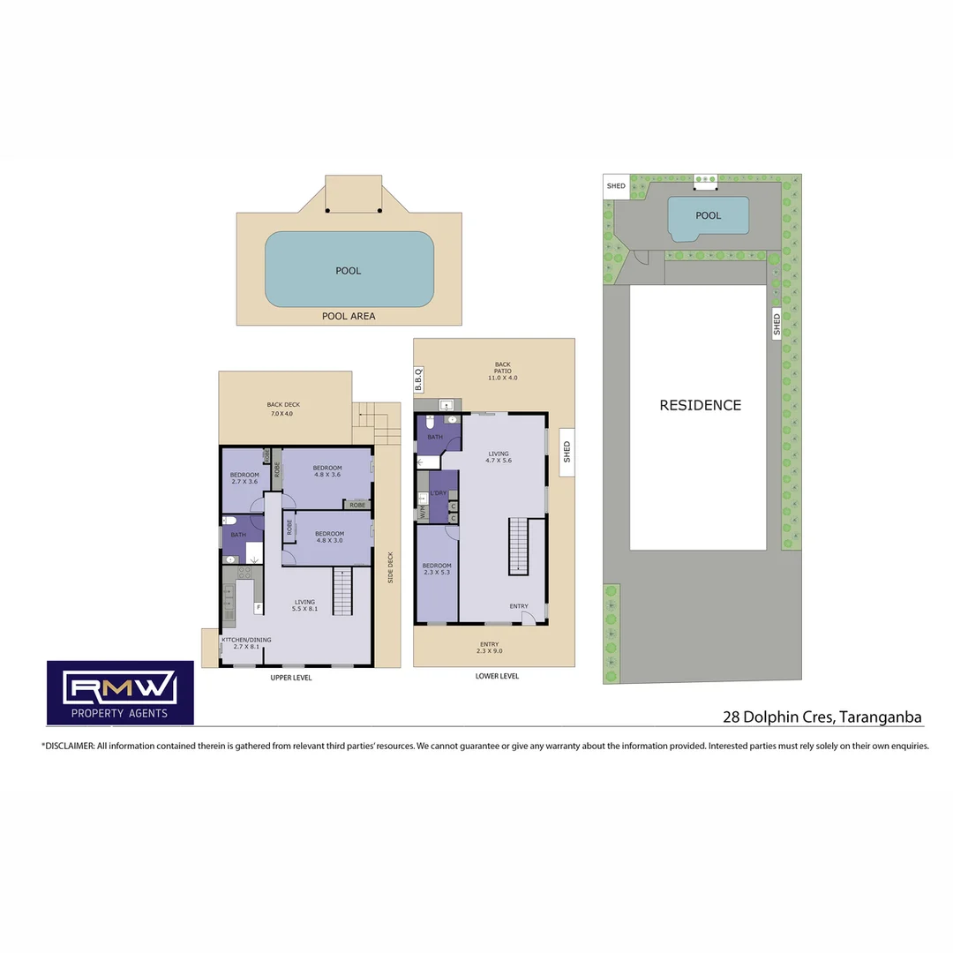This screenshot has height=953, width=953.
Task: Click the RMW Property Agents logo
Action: (120, 693)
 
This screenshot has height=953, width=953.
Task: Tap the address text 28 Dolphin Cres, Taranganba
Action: (822, 717)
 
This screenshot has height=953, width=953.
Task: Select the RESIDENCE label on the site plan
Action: (700, 405)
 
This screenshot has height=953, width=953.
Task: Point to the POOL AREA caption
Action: (349, 316)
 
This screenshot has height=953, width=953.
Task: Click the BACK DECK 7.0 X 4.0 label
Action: (283, 409)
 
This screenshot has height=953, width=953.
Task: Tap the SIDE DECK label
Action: (390, 567)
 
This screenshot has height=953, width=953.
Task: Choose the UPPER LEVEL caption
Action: (290, 678)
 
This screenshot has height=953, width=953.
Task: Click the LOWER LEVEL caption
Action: (497, 676)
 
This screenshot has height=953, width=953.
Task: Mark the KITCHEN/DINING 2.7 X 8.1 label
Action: (246, 642)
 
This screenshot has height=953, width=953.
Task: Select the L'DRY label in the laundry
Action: (438, 492)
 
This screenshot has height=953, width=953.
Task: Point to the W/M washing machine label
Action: (423, 512)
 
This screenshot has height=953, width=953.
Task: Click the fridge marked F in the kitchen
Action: (259, 607)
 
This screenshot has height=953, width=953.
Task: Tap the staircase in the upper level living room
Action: (342, 591)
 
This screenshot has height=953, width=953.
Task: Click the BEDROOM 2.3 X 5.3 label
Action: (437, 569)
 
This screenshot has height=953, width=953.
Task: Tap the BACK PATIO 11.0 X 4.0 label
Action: (502, 371)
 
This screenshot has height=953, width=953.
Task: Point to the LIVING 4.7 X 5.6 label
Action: (499, 457)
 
